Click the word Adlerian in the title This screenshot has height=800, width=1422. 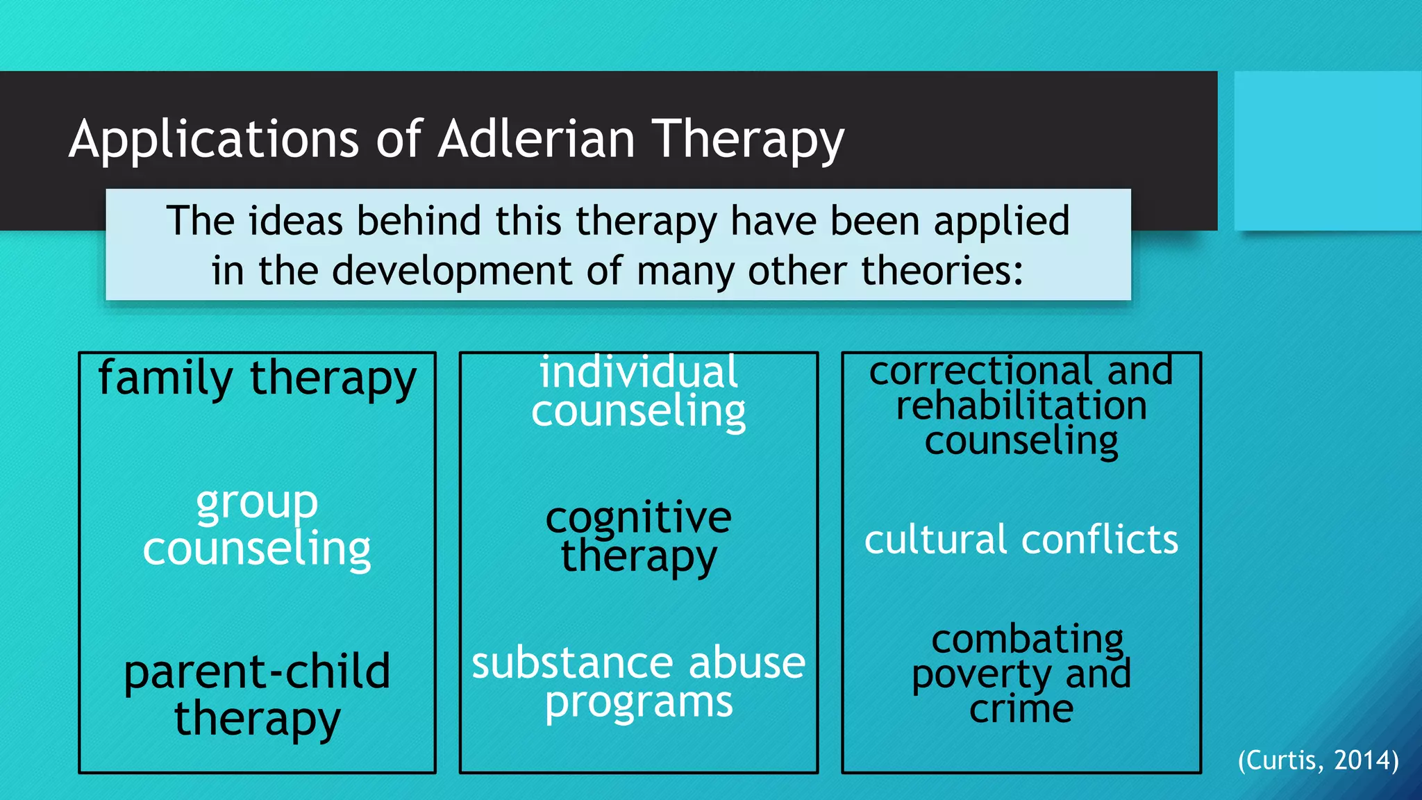[x=536, y=139]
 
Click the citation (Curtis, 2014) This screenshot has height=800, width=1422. [x=1318, y=760]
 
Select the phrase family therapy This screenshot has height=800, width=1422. [x=257, y=379]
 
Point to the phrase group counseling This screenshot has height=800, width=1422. [x=257, y=526]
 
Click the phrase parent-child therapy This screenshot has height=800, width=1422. [x=257, y=694]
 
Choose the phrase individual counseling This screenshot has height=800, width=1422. [x=638, y=392]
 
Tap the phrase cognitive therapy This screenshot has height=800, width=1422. [x=638, y=537]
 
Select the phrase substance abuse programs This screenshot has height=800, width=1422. [x=638, y=682]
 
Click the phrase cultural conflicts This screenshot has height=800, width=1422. [x=1021, y=540]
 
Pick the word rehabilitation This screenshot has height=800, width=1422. [x=1021, y=406]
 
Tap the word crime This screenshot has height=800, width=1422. [x=1021, y=709]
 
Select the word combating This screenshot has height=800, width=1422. [x=1027, y=639]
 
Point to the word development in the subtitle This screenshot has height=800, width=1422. [x=452, y=271]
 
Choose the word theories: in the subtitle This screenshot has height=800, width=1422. [x=942, y=270]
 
